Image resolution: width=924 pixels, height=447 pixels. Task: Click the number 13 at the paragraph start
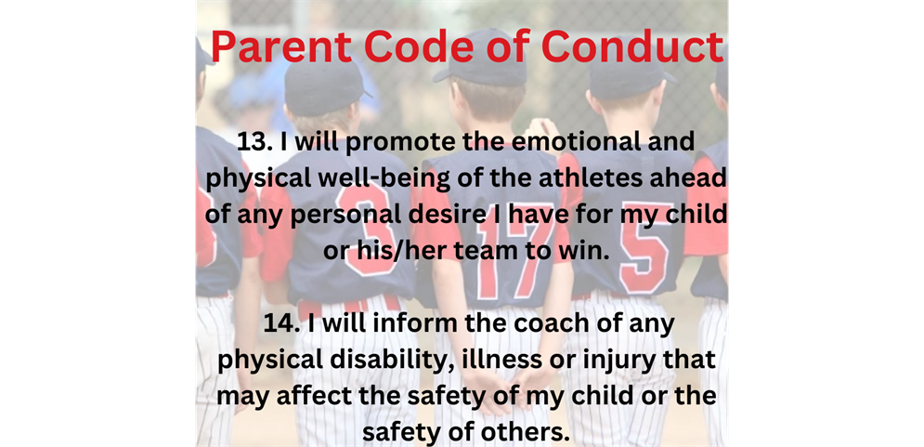click(x=254, y=144)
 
